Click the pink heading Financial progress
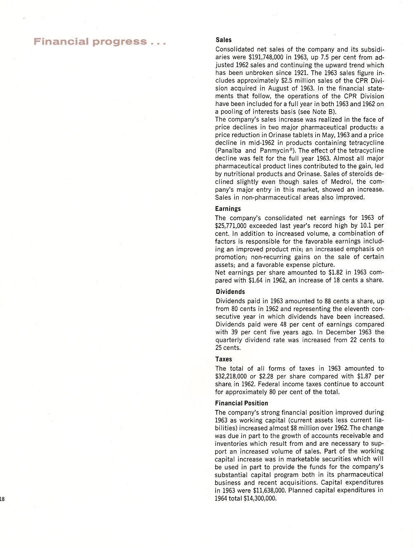tap(100, 42)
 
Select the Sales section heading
tap(223, 40)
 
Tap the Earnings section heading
tap(228, 209)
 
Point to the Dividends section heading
tap(230, 292)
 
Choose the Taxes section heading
tap(223, 359)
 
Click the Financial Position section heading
tap(241, 403)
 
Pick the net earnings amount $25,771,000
tap(231, 226)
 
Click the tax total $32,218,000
tap(231, 376)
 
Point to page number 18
tap(2, 499)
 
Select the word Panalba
tap(230, 151)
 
